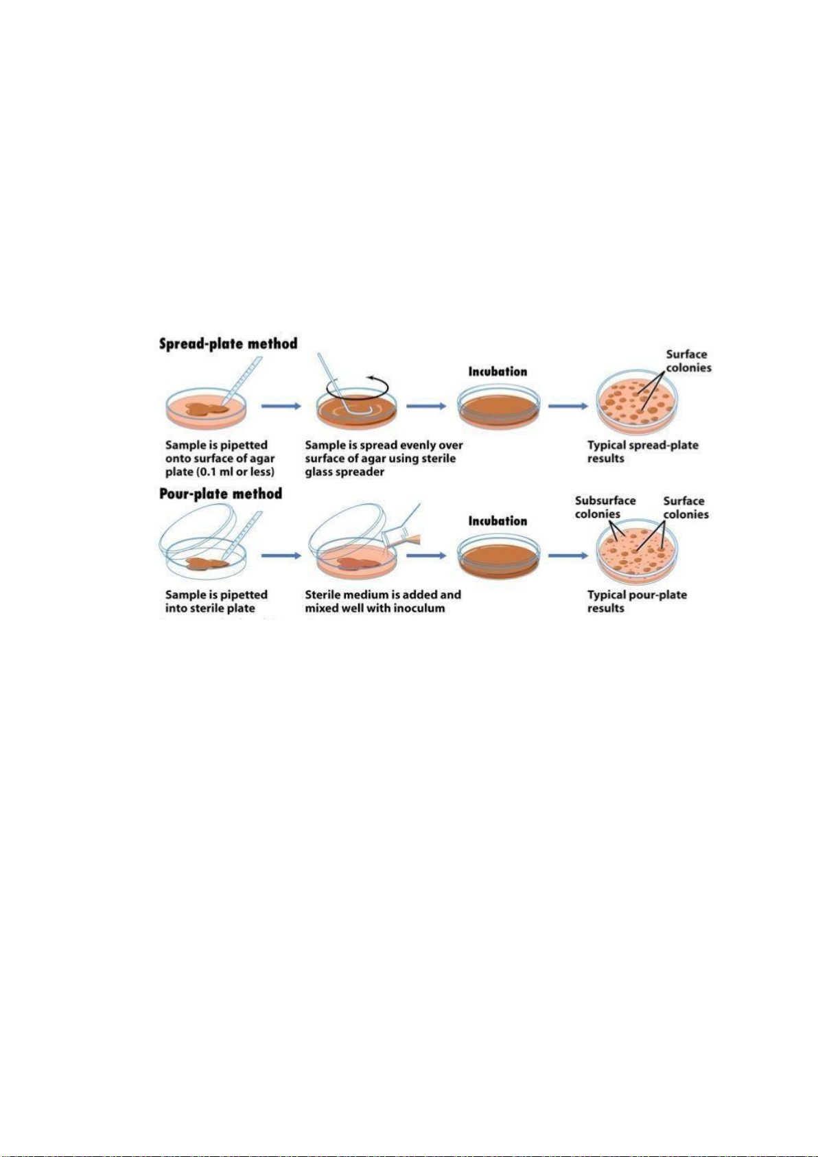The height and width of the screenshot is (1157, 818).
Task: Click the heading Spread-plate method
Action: coord(228,343)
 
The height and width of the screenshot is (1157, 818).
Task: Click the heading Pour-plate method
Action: coord(220,494)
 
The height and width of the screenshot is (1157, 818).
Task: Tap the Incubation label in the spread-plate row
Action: coord(498,371)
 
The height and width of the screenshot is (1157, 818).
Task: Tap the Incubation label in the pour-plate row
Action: coord(498,521)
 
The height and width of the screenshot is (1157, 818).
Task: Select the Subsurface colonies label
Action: coord(605,507)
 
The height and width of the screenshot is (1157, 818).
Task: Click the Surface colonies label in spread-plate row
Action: coord(688,361)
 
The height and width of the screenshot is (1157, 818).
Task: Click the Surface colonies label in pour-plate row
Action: coord(685,507)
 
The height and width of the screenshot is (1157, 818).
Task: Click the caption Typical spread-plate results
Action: coord(642,452)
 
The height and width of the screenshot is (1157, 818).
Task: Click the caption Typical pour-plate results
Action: coord(637,602)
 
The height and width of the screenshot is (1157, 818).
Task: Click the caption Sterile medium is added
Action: coord(382,595)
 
